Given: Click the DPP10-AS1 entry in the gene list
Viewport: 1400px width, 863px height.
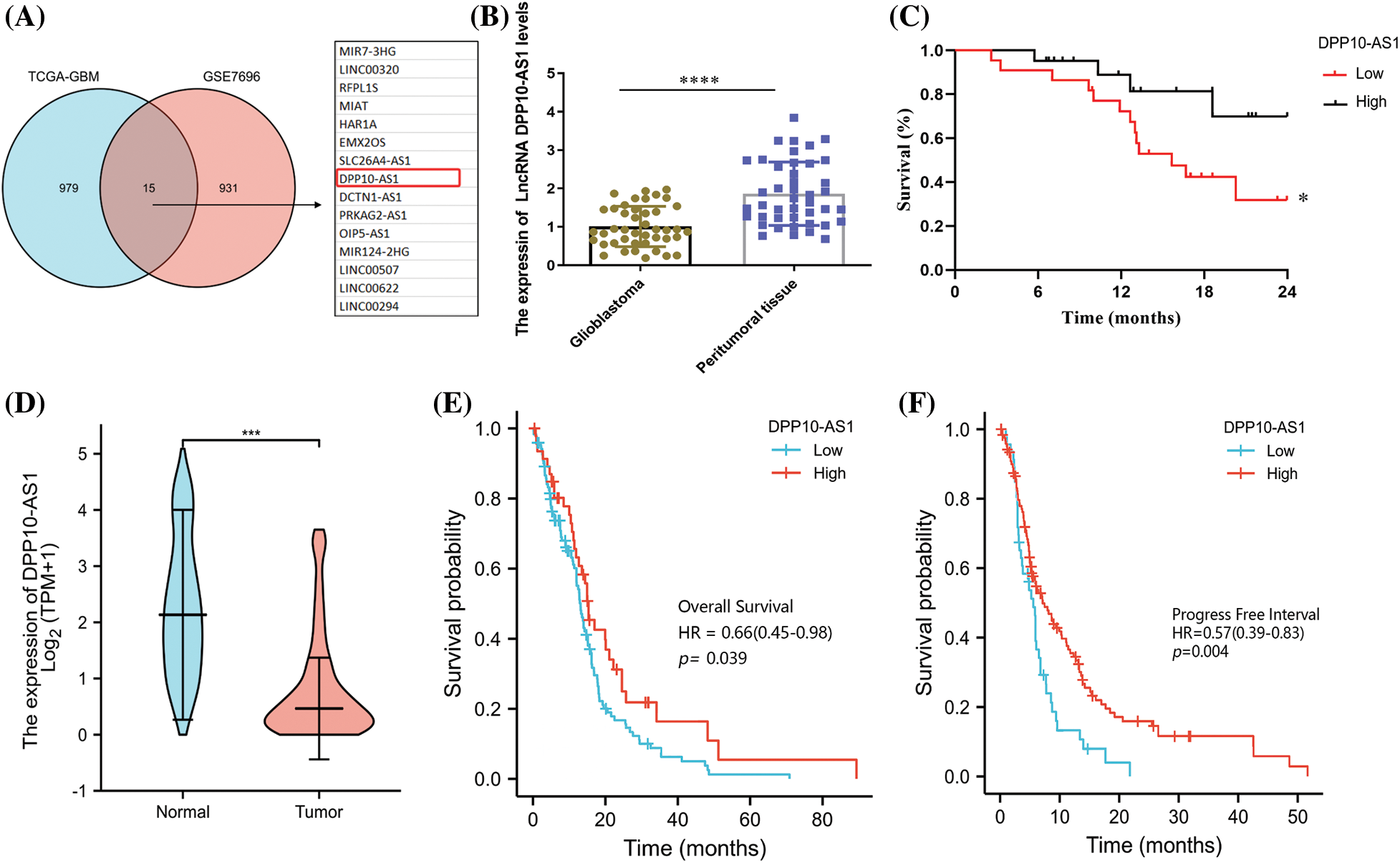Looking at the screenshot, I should pyautogui.click(x=370, y=178).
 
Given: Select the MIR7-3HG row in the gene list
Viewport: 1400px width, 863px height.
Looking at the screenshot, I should pyautogui.click(x=367, y=52).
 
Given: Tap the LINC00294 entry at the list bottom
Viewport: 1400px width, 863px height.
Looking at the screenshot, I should pyautogui.click(x=369, y=307).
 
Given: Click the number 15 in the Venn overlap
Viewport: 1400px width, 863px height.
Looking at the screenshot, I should pyautogui.click(x=149, y=188).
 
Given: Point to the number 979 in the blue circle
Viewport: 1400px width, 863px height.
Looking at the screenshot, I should pyautogui.click(x=69, y=188).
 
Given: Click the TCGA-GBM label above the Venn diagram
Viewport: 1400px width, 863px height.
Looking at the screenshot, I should pyautogui.click(x=64, y=77).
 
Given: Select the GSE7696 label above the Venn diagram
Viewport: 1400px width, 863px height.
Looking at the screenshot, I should pyautogui.click(x=231, y=77).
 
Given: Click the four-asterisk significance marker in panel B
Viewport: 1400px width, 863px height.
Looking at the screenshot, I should pyautogui.click(x=699, y=80).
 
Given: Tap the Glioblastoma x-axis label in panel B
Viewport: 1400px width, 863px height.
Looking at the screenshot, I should pyautogui.click(x=607, y=313).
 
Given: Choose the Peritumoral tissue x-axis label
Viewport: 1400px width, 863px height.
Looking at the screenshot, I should pyautogui.click(x=746, y=327).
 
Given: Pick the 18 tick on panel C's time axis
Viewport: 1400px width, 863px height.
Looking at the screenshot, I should pyautogui.click(x=1204, y=291).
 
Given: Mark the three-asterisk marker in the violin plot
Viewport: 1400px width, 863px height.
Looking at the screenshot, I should pyautogui.click(x=251, y=433).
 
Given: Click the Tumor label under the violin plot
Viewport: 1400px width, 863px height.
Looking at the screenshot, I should pyautogui.click(x=319, y=811).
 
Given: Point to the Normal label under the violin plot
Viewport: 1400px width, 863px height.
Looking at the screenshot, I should pyautogui.click(x=183, y=811).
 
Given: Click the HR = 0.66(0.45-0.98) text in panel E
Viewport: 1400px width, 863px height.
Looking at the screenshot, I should pyautogui.click(x=755, y=632).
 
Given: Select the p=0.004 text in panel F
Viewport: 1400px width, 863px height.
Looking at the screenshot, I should pyautogui.click(x=1200, y=652).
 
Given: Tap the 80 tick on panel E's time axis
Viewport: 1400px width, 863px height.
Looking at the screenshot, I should pyautogui.click(x=822, y=819).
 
